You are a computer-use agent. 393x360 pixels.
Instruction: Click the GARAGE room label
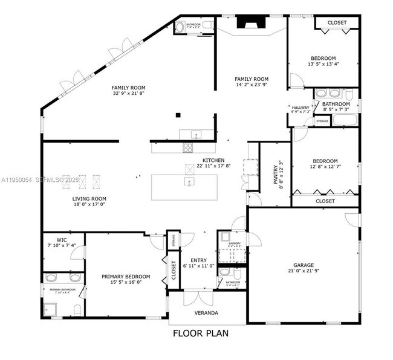304,265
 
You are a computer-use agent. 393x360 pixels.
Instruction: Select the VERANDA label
207,313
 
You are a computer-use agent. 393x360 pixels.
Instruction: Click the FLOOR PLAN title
201,333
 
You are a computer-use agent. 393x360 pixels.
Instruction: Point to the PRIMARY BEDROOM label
125,277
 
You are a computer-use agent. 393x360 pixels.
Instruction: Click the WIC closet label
62,240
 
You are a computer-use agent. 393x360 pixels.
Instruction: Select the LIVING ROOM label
89,199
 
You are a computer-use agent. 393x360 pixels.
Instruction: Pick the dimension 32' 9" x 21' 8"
129,94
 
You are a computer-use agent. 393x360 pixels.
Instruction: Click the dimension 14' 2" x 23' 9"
252,85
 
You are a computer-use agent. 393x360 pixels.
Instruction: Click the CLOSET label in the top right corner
337,22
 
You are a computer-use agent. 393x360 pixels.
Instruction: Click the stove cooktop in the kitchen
187,146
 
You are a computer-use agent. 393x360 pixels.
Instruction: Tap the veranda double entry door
199,298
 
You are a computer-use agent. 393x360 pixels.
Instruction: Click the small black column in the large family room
178,114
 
